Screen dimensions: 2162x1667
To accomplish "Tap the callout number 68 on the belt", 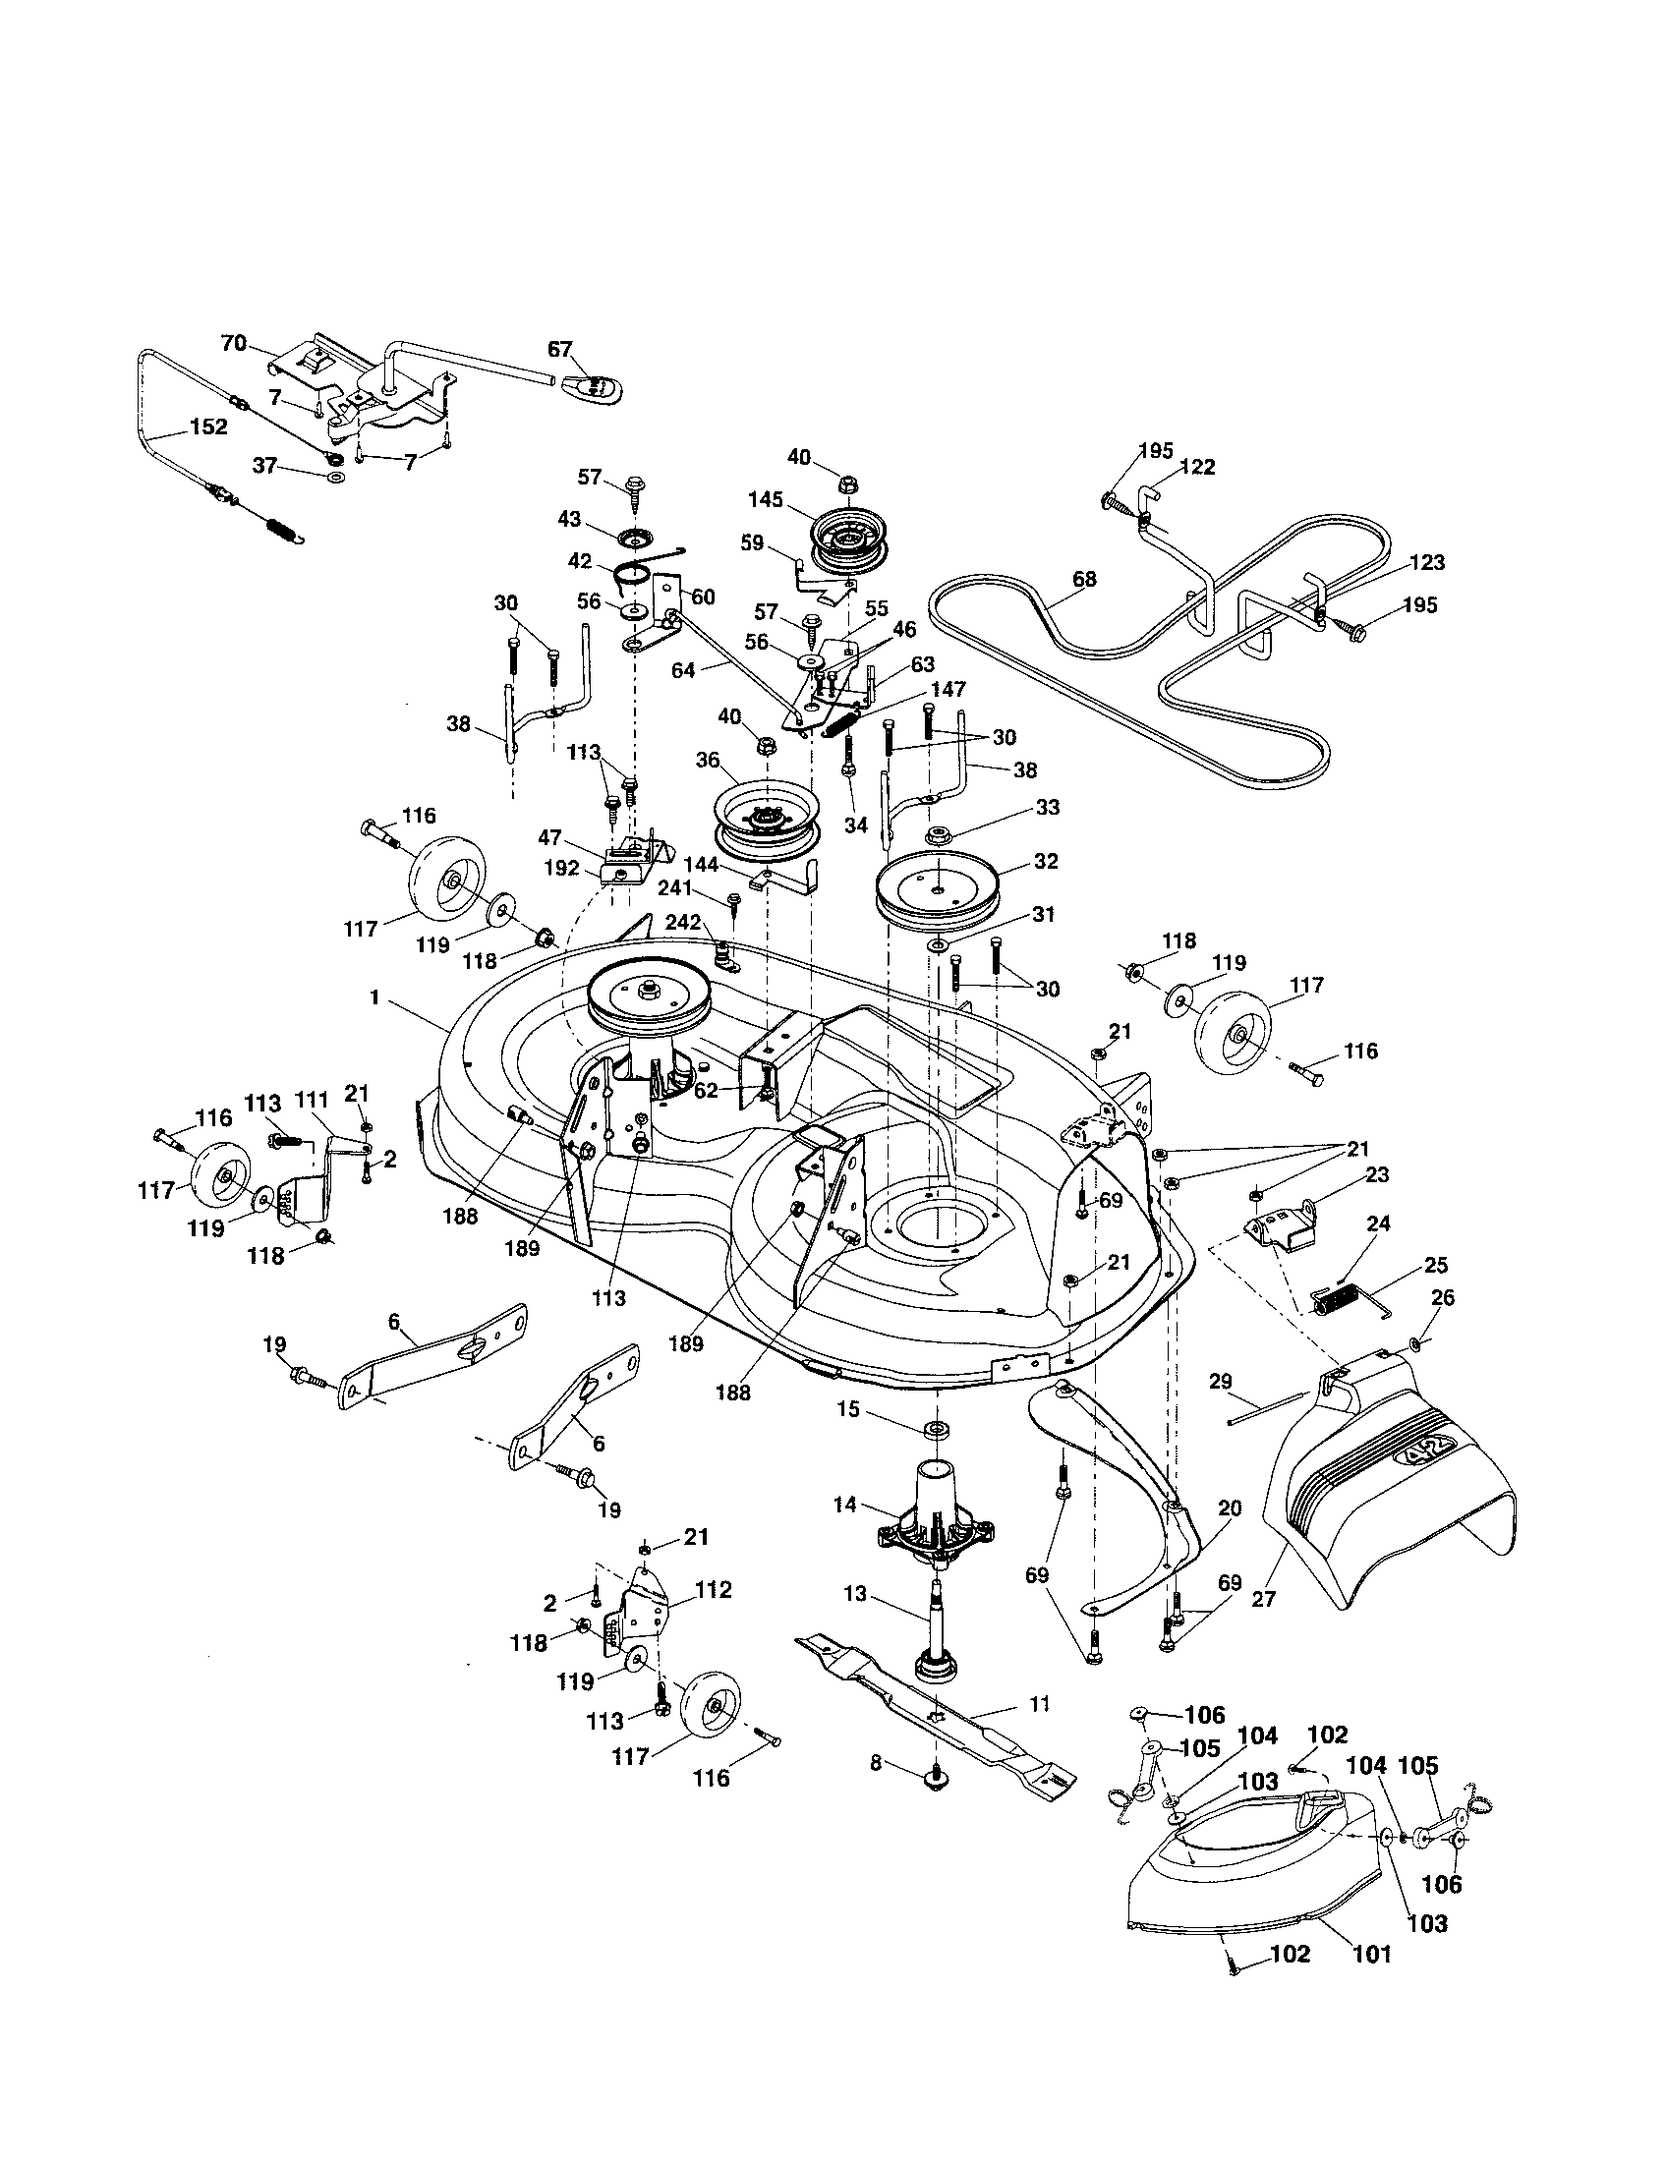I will tap(1084, 579).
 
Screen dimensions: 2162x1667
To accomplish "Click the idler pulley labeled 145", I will tap(849, 544).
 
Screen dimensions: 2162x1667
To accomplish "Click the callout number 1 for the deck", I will tap(375, 997).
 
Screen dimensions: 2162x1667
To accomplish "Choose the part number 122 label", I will tap(1199, 466).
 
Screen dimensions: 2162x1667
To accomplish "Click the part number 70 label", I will tap(233, 344).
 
